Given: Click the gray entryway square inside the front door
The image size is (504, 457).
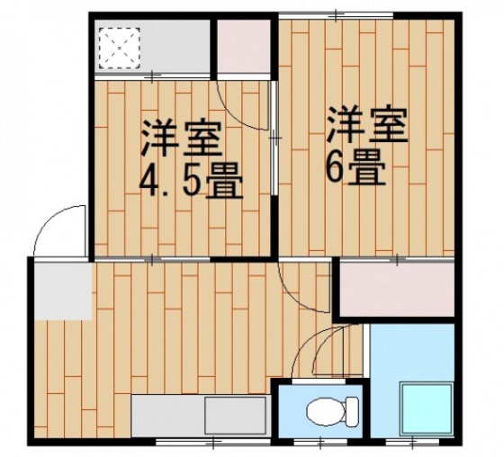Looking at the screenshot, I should coord(64,291).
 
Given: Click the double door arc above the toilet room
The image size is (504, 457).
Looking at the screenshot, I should coord(328,351).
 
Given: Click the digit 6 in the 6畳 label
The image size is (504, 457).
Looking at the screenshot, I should coord(337,167).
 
